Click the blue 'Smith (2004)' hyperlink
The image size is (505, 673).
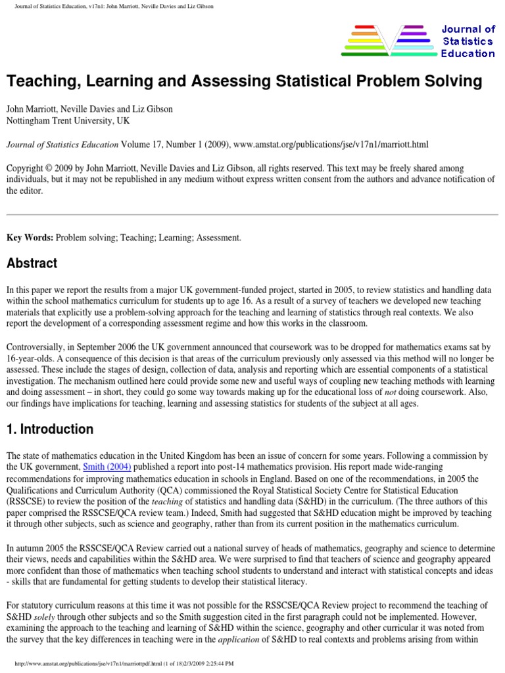click(107, 467)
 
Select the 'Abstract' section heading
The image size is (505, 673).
click(32, 264)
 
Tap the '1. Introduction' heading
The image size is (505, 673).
click(50, 430)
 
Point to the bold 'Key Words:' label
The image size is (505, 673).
click(30, 237)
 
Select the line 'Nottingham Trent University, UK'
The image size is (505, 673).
click(68, 121)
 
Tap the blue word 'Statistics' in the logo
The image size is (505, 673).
click(468, 41)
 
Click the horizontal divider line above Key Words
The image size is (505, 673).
click(252, 215)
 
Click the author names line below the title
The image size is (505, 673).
click(89, 110)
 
